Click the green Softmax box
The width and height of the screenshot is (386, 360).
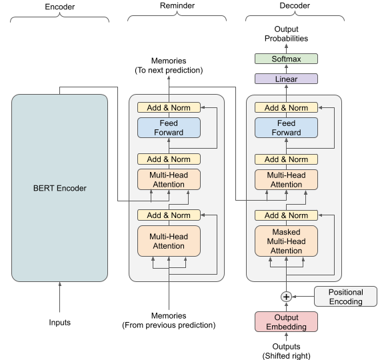click(286, 59)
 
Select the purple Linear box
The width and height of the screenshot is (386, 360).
click(286, 79)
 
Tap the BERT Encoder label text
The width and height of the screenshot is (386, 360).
click(60, 188)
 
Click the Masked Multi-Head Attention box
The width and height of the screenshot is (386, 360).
click(286, 241)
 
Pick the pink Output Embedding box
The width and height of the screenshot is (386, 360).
click(286, 322)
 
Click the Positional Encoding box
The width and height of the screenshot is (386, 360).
click(345, 297)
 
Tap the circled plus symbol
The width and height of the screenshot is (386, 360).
click(286, 297)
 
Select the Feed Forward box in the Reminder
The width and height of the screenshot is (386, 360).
click(169, 127)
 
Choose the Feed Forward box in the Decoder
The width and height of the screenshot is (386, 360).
click(286, 127)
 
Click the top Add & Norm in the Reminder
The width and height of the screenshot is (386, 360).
click(169, 107)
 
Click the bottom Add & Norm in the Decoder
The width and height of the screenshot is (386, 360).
click(286, 215)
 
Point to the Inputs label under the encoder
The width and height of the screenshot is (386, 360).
click(60, 322)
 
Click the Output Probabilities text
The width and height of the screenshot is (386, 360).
click(286, 34)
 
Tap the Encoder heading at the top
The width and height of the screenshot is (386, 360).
click(60, 7)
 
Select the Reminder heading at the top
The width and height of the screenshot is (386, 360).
click(177, 5)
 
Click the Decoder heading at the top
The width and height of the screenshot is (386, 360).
click(295, 5)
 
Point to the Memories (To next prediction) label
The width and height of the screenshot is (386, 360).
click(169, 65)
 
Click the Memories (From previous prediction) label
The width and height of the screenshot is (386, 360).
click(169, 321)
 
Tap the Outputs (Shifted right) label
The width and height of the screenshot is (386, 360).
click(286, 351)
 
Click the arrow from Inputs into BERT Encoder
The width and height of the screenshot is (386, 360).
click(60, 297)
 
